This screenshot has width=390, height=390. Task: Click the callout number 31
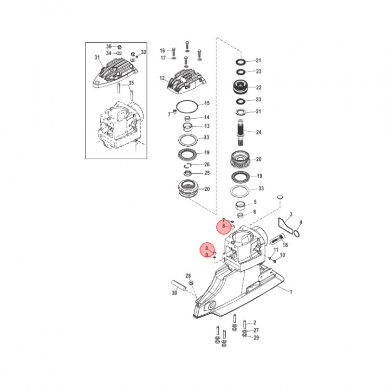[x=97, y=57]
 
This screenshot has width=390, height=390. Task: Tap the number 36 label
[x=108, y=46]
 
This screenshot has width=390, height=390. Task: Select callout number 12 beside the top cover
[x=161, y=79]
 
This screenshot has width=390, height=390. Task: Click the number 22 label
[x=258, y=87]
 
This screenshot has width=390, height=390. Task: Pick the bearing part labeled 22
[x=240, y=87]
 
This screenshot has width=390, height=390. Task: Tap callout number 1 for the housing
[x=291, y=292]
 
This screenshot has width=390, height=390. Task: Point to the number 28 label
[x=188, y=276]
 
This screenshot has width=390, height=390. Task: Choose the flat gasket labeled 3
[x=284, y=223]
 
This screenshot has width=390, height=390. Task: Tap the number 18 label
[x=285, y=245]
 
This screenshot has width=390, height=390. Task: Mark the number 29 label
[x=256, y=337]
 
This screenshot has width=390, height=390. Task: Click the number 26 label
[x=206, y=164]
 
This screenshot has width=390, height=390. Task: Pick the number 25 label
[x=206, y=173]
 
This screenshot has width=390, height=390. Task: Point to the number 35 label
[x=131, y=83]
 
